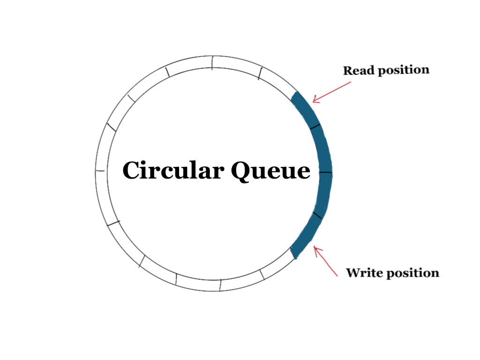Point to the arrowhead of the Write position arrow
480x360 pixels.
(315, 248)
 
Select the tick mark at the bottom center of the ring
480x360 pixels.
(220, 285)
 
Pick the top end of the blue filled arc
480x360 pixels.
(297, 95)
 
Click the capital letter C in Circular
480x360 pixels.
(132, 171)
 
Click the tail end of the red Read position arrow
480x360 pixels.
(350, 82)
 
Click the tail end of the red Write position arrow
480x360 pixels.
(337, 276)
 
